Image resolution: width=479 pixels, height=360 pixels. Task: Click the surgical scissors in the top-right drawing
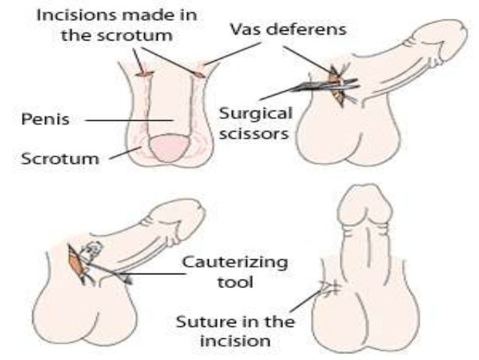coord(315,86)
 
